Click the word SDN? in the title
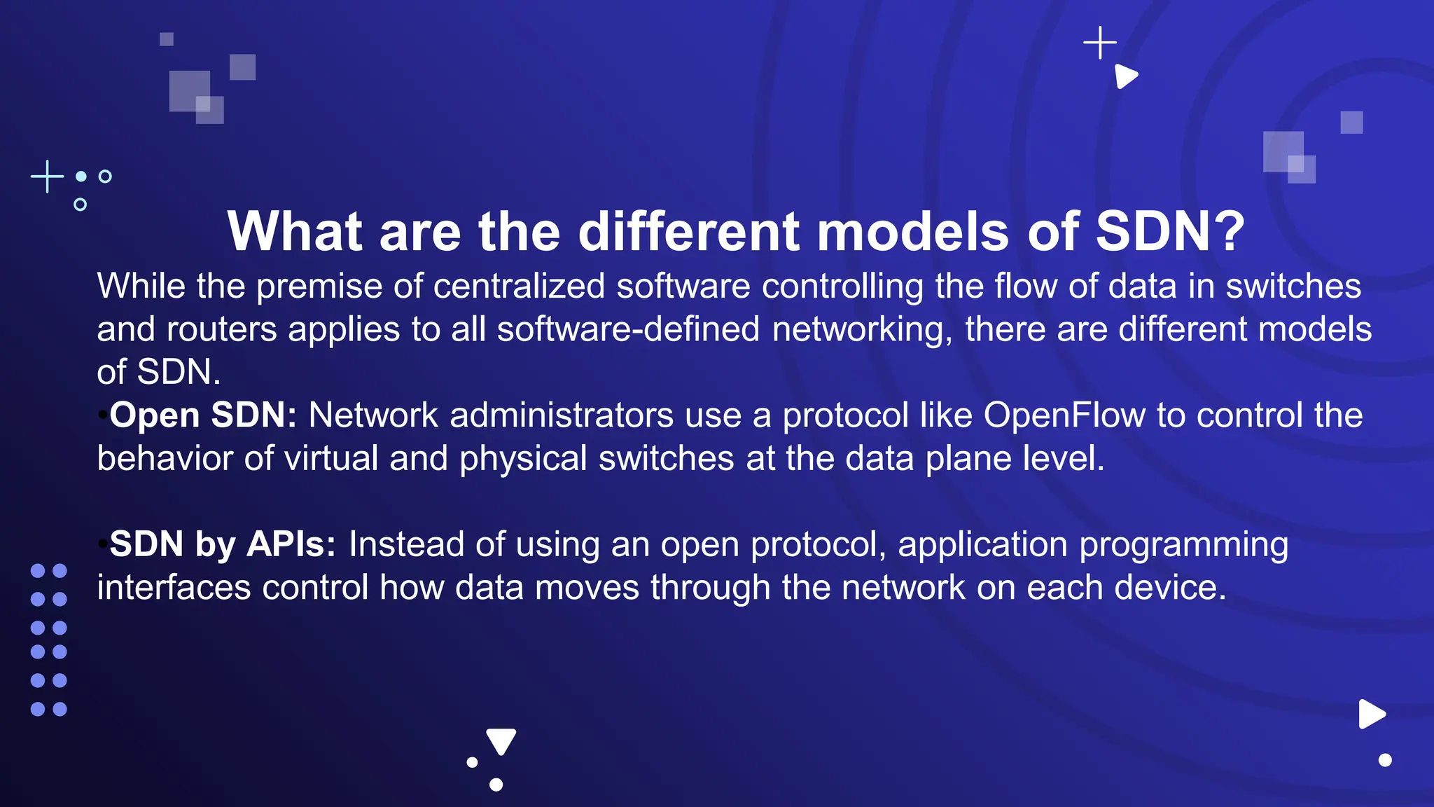[1169, 232]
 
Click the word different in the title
[688, 232]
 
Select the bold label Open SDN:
[203, 415]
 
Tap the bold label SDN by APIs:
[223, 544]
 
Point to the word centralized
[519, 287]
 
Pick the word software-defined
[628, 329]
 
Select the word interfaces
[174, 587]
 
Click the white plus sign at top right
[1100, 43]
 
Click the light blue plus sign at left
[48, 177]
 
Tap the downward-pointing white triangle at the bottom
[501, 740]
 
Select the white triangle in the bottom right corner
[1371, 715]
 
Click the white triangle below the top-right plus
[1125, 76]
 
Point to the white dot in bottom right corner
[1385, 760]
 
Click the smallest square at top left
[167, 39]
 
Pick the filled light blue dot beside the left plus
[81, 177]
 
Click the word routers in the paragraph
[222, 329]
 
